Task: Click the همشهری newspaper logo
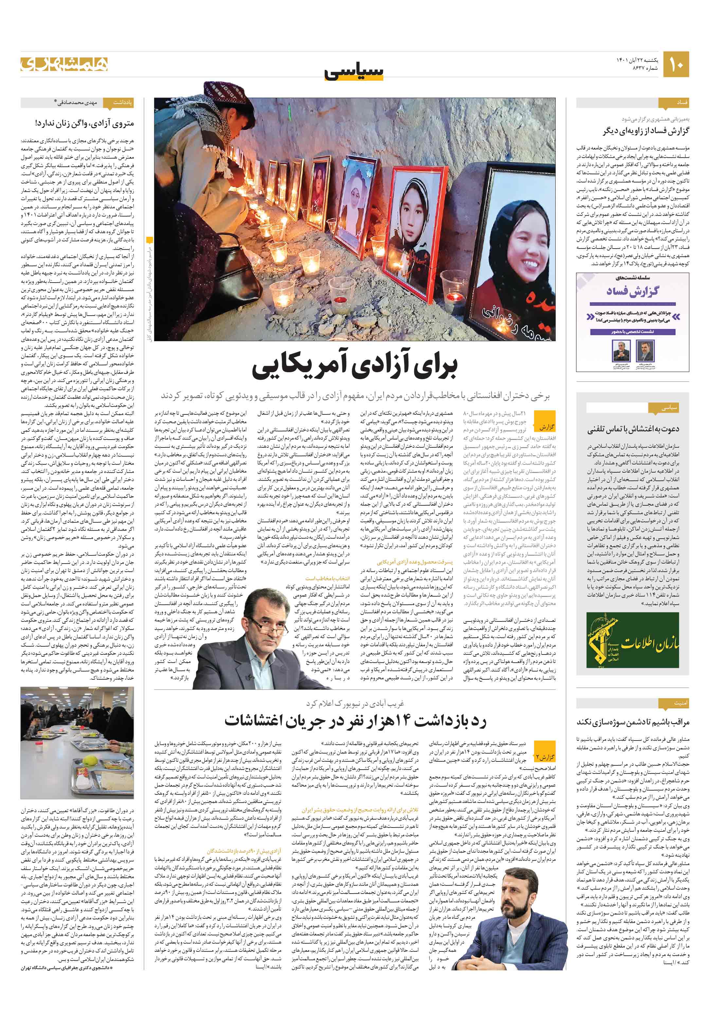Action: tap(64, 64)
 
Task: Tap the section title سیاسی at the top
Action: tap(354, 71)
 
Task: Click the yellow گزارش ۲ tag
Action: tap(545, 757)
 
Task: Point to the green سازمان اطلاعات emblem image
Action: tap(633, 641)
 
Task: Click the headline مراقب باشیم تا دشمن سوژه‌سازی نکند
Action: tap(633, 722)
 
